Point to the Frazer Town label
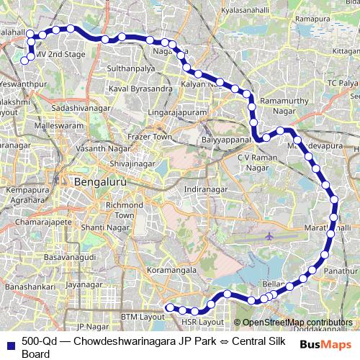point(149,136)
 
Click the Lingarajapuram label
point(176,114)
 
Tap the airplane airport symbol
point(269,236)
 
